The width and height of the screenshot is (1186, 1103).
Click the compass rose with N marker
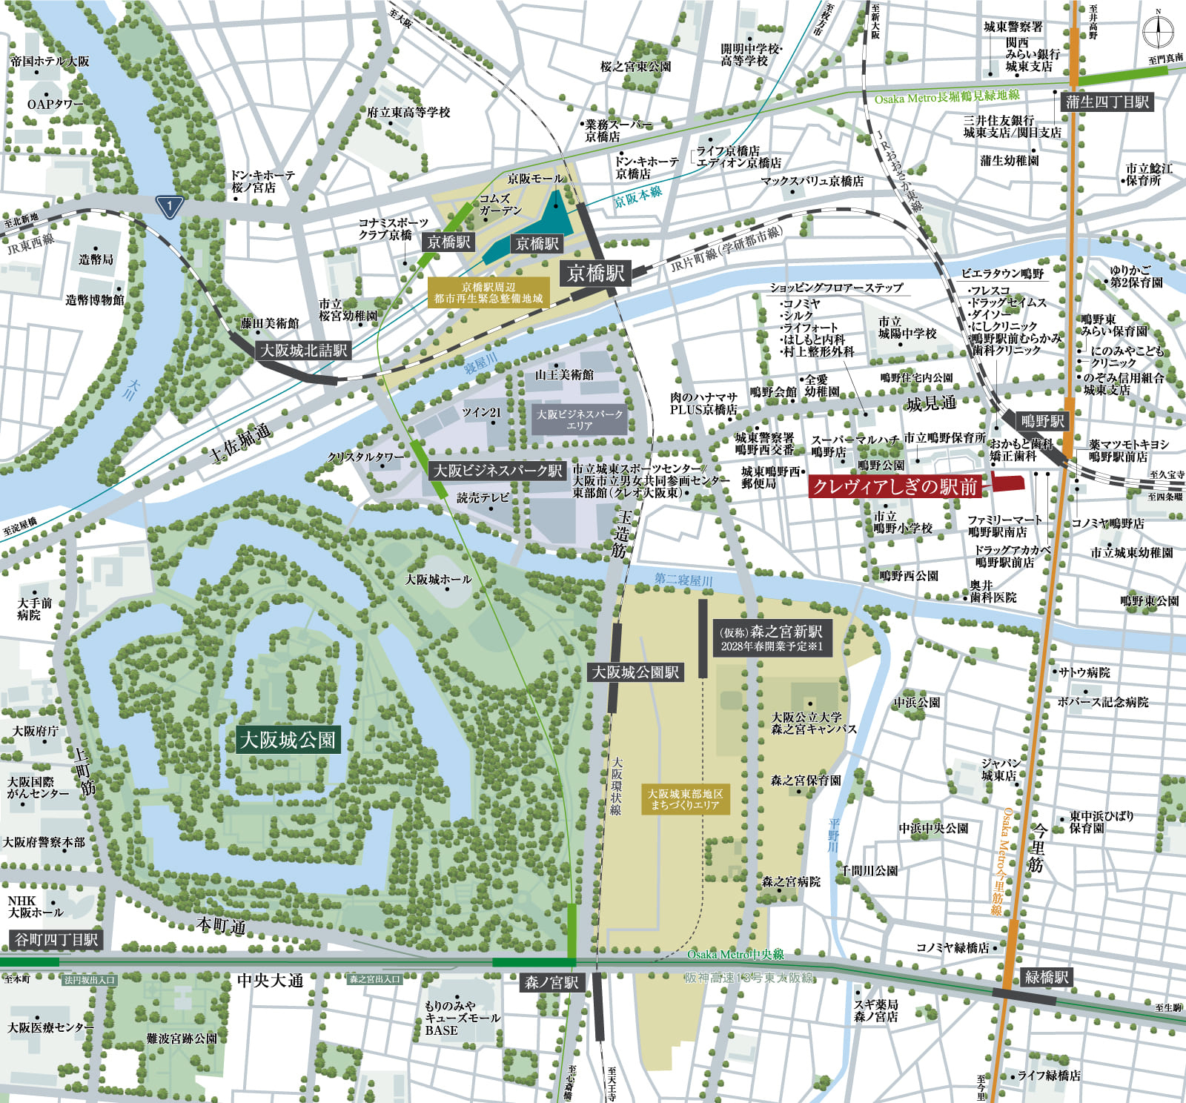1157,32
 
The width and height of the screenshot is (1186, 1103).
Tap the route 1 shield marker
170,206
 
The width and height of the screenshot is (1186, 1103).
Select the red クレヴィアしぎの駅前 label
895,486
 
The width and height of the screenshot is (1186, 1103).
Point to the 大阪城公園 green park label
287,740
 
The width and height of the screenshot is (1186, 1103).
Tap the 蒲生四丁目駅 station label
1107,102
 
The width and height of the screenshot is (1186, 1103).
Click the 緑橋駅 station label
1046,977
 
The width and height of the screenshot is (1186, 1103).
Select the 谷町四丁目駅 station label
56,940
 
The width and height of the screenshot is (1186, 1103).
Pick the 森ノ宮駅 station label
551,982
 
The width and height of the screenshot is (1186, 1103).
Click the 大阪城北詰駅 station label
303,351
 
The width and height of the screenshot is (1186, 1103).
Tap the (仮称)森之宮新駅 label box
771,638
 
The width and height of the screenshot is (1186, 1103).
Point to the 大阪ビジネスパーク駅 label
497,471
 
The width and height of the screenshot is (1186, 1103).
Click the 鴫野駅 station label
1042,421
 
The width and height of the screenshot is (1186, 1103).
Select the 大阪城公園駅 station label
635,672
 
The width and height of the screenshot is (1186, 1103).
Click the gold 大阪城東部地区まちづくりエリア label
685,799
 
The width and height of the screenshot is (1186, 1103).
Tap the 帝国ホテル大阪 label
50,62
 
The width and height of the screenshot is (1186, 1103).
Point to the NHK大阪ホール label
35,907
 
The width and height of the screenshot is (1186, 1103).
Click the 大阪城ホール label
437,579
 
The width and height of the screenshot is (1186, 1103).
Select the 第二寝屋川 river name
683,580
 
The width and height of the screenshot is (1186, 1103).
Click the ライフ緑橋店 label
1048,1076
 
